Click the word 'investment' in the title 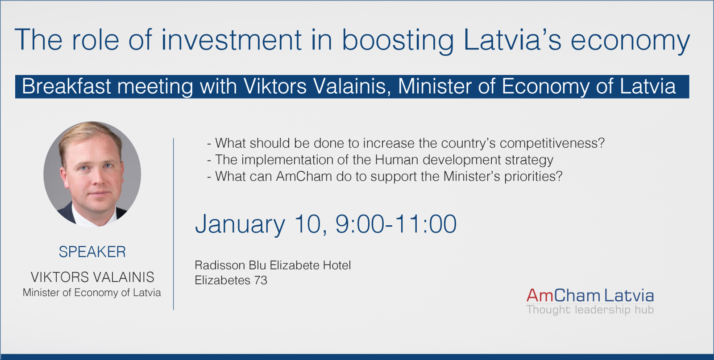click(232, 40)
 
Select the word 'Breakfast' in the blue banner click(66, 86)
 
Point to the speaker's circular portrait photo click(92, 174)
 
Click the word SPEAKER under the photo click(92, 252)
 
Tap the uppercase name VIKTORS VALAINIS click(92, 277)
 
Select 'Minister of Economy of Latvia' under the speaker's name click(92, 293)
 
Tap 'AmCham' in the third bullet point click(304, 177)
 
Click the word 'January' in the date click(240, 225)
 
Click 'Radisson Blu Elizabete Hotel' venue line click(273, 265)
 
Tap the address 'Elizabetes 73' click(231, 280)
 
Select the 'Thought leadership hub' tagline click(590, 309)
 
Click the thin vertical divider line click(174, 224)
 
